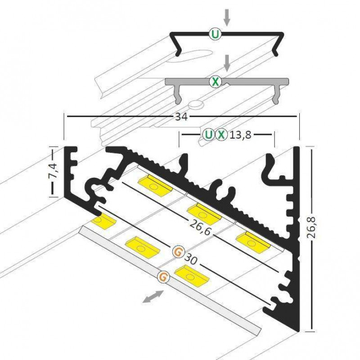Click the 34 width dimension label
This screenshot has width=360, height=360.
tap(181, 117)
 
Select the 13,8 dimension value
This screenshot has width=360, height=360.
tap(240, 134)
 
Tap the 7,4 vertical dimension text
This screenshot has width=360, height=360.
tap(53, 171)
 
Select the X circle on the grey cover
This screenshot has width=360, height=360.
tap(216, 81)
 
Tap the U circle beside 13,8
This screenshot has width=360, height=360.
tap(208, 134)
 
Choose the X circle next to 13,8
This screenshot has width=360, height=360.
tap(221, 134)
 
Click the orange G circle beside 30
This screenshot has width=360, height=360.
tap(178, 252)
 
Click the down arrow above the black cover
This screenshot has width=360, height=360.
tap(227, 17)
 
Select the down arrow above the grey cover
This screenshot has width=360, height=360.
tap(228, 63)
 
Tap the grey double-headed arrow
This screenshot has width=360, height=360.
tap(153, 297)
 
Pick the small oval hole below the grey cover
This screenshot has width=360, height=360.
tap(197, 105)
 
